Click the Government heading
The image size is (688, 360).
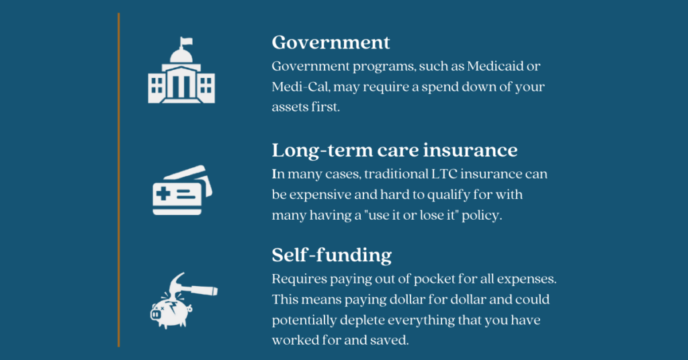click(331, 42)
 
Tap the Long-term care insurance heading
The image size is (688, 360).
click(394, 149)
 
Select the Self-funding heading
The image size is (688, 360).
click(331, 255)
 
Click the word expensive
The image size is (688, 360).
click(320, 195)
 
